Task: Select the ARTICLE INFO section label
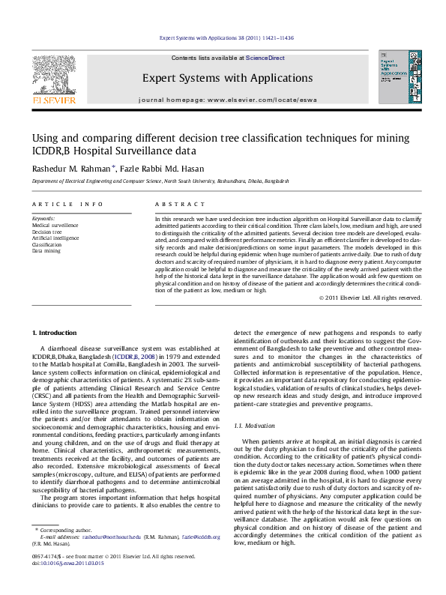pyautogui.click(x=67, y=204)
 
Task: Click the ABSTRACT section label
pyautogui.click(x=180, y=204)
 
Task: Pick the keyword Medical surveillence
pyautogui.click(x=55, y=225)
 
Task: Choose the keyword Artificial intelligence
pyautogui.click(x=56, y=238)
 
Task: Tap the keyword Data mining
pyautogui.click(x=46, y=251)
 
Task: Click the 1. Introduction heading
pyautogui.click(x=54, y=332)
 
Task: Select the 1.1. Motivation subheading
pyautogui.click(x=256, y=425)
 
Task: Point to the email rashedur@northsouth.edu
pyautogui.click(x=111, y=558)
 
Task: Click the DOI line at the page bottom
pyautogui.click(x=68, y=583)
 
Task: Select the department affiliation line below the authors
pyautogui.click(x=160, y=181)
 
